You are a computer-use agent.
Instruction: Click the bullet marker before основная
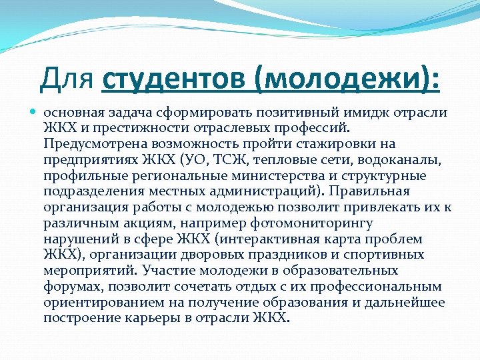[34, 113]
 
